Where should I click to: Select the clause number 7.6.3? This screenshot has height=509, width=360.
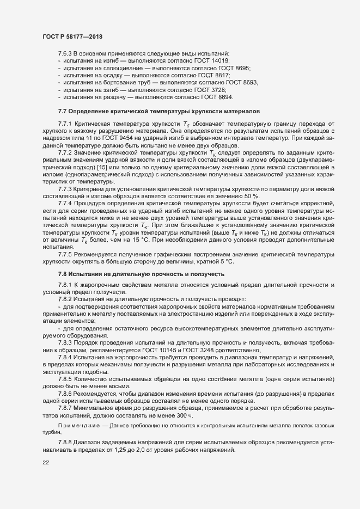coord(65,53)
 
